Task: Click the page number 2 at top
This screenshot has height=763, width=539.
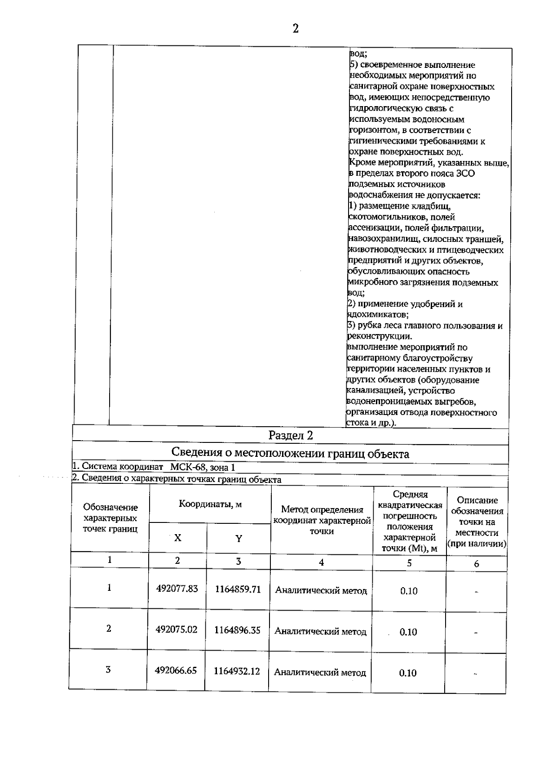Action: point(295,29)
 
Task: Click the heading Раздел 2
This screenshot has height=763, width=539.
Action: point(290,435)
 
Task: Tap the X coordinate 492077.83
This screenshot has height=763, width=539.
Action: point(177,589)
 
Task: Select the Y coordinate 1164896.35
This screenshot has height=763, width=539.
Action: point(237,630)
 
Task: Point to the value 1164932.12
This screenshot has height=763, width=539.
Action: point(237,671)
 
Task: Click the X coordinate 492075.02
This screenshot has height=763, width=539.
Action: point(177,629)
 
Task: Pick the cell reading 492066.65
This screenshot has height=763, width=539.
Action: point(176,670)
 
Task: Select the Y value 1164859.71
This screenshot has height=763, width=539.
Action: point(238,589)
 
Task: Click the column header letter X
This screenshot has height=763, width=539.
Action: point(178,538)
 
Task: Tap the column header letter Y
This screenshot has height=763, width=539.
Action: point(239,538)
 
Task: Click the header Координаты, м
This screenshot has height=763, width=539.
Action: point(210,504)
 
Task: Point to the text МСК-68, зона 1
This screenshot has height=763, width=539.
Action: point(203,468)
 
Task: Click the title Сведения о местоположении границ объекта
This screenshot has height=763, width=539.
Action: point(290,454)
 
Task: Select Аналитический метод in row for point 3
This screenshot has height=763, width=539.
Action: point(320,673)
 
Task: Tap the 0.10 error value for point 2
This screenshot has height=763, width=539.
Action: point(408,632)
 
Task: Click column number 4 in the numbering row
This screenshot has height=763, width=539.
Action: point(321,562)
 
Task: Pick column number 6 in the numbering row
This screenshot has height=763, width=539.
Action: point(477,563)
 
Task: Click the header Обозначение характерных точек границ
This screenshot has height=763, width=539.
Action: point(110,518)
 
